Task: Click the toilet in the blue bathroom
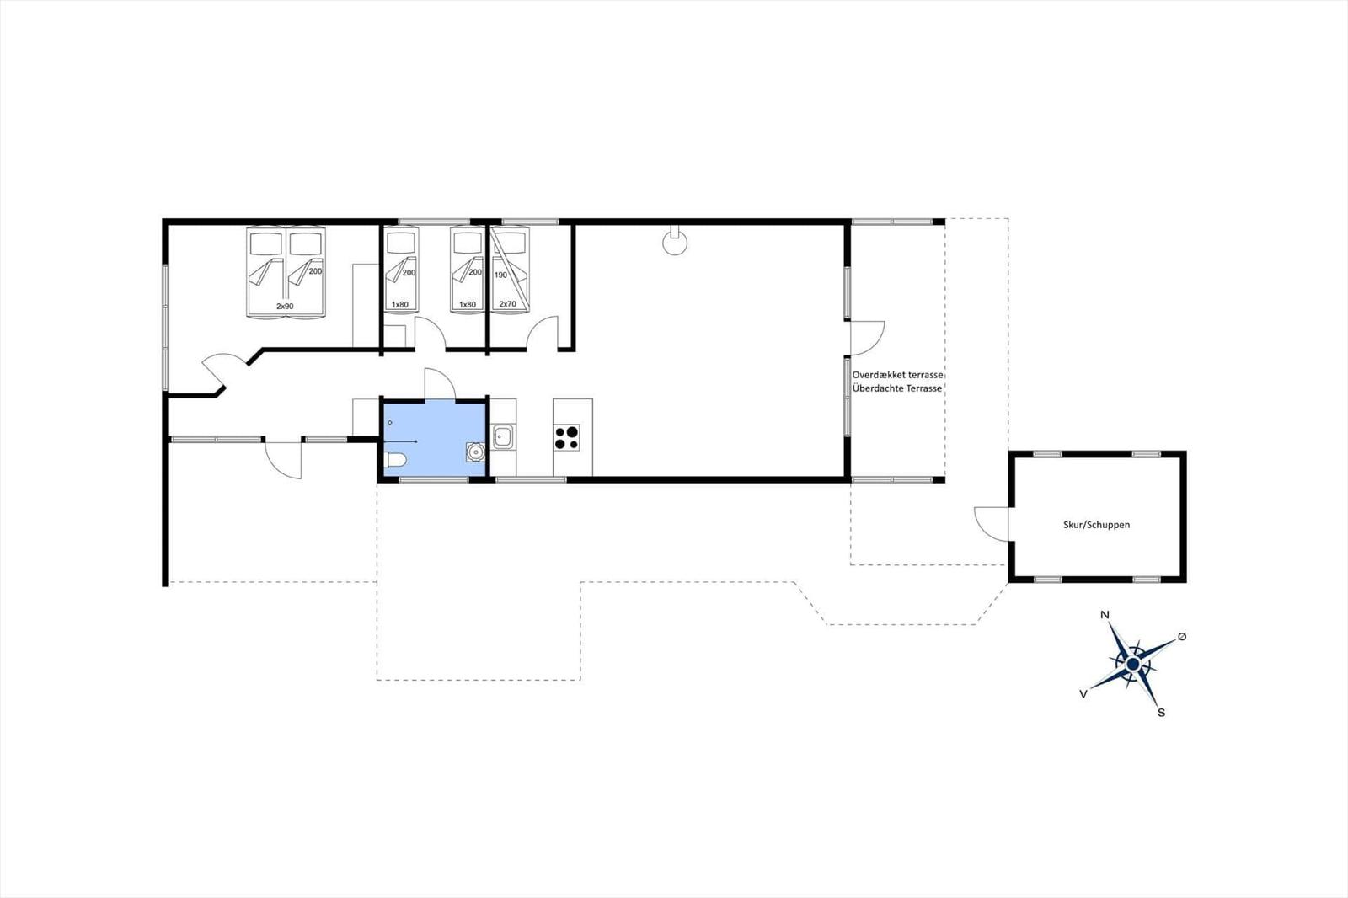[395, 461]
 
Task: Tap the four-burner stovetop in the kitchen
[566, 437]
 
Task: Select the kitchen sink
[502, 436]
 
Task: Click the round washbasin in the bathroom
[475, 452]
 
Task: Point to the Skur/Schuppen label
[1096, 525]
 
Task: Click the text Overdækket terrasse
[897, 375]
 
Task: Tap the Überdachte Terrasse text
[896, 389]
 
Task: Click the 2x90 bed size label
[285, 307]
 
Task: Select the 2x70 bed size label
[507, 304]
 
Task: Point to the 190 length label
[500, 275]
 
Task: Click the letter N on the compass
[1105, 614]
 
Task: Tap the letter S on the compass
[1161, 713]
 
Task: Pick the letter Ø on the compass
[1181, 637]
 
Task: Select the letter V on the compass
[1083, 694]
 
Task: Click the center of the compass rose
[1132, 664]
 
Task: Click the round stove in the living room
[675, 243]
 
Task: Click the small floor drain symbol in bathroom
[390, 423]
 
